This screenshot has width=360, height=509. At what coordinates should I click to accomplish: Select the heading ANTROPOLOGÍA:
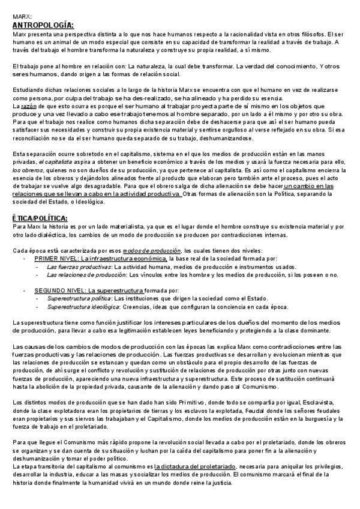click(x=43, y=25)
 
